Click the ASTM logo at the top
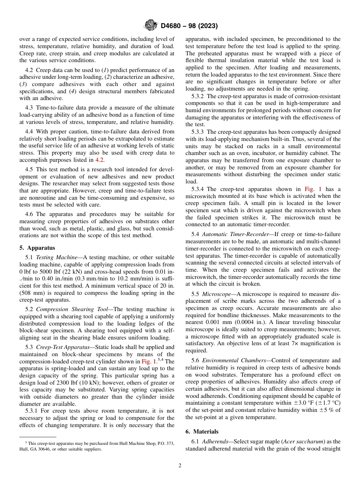pyautogui.click(x=151, y=26)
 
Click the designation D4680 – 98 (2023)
pyautogui.click(x=189, y=26)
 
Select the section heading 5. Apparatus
pyautogui.click(x=37, y=248)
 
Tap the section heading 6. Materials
pyautogui.click(x=202, y=432)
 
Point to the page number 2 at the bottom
pyautogui.click(x=180, y=466)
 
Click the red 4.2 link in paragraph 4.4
pyautogui.click(x=99, y=160)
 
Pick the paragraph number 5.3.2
pyautogui.click(x=199, y=96)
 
